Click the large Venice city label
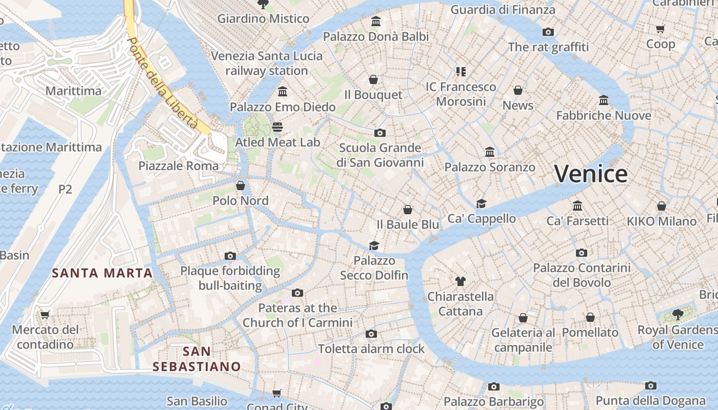[591, 174]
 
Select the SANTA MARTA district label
[103, 273]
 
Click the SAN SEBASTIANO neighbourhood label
[196, 359]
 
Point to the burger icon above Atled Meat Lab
[277, 127]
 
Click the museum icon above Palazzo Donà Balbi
[376, 21]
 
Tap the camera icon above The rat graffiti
[548, 32]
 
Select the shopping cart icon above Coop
[661, 29]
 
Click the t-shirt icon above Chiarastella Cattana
[461, 281]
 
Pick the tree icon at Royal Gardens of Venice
[678, 314]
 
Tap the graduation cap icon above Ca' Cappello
[481, 203]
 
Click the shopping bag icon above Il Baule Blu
[408, 209]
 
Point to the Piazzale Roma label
[178, 166]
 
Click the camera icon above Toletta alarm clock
[371, 334]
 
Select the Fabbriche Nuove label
[604, 115]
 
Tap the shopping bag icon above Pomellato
[590, 317]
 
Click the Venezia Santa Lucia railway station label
[267, 63]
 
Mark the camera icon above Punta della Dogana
[651, 385]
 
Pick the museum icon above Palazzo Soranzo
[490, 152]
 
